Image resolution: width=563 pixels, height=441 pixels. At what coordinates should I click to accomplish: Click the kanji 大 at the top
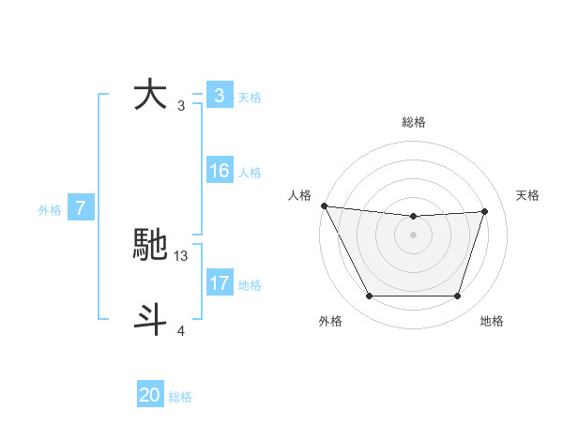coord(151,96)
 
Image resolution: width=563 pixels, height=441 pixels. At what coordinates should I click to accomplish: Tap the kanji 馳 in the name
coord(151,246)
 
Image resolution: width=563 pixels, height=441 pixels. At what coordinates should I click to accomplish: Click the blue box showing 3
coord(219,96)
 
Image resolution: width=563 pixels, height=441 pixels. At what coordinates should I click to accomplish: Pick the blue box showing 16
coord(219,172)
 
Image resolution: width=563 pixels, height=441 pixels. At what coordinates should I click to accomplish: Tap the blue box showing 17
coord(219,283)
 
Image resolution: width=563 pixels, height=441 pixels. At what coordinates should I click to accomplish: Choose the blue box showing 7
coord(81,209)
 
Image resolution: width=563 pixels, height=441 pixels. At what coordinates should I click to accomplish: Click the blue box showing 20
coord(150,395)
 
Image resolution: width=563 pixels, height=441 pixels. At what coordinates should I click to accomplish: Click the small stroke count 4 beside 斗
coord(181,330)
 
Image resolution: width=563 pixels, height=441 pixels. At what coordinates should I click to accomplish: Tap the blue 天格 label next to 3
coord(250,98)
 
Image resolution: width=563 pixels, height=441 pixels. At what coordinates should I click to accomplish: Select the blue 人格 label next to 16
coord(250,173)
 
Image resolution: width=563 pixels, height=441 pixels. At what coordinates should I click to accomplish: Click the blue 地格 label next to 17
coord(250,284)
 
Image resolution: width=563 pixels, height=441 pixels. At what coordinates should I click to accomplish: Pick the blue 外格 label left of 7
coord(50,210)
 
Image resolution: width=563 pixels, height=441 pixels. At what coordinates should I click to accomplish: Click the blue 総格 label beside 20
coord(180,396)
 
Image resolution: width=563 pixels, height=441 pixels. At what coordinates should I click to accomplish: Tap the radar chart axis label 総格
coord(413,122)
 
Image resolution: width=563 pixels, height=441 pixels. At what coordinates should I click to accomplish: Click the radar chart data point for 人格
coord(324,205)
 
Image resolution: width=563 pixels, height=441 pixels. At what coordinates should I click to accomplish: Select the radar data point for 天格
coord(485,211)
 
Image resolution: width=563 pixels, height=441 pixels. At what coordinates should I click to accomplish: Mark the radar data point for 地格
coord(457,297)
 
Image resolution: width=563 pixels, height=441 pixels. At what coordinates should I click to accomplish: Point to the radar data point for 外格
coord(369,297)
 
